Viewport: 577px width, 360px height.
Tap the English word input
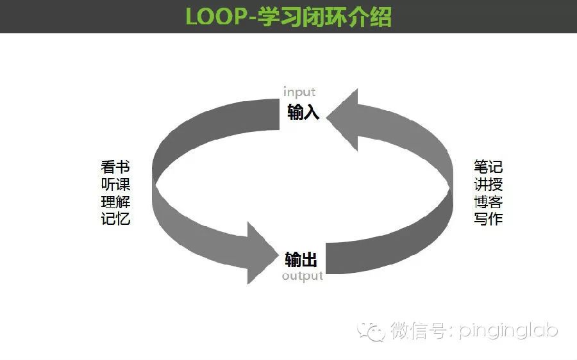tap(299, 92)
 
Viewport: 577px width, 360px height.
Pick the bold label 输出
tap(301, 259)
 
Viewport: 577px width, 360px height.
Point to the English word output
tap(303, 276)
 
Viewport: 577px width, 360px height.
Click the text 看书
tap(115, 167)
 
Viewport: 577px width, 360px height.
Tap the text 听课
tap(115, 184)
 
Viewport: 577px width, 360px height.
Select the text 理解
tap(115, 202)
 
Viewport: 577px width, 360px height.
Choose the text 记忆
tap(115, 218)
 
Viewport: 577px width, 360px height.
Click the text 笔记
tap(489, 167)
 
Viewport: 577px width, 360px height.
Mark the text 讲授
tap(489, 184)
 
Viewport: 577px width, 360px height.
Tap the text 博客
tap(489, 202)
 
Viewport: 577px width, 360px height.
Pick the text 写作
tap(489, 218)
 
